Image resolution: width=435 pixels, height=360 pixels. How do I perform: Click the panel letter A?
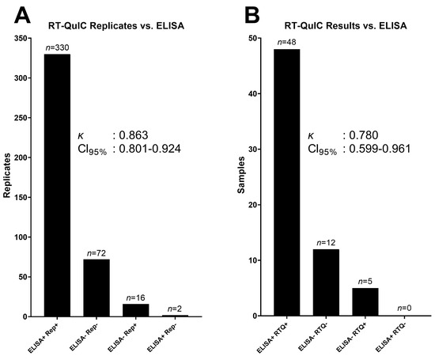point(13,14)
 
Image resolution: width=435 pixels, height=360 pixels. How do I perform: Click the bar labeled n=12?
point(326,282)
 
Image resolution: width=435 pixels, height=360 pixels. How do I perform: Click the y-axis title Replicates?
point(8,176)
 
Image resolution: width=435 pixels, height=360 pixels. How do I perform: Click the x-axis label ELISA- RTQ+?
point(363,335)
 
